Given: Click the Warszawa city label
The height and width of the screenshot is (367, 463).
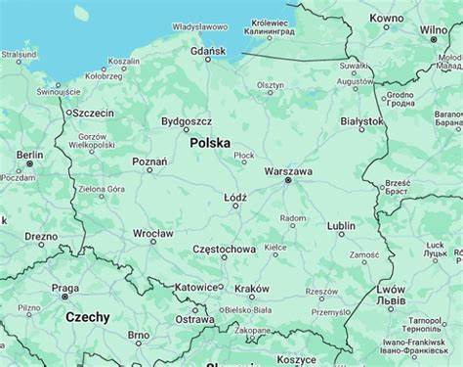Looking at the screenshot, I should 288,171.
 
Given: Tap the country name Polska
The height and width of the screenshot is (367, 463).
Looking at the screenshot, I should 210,143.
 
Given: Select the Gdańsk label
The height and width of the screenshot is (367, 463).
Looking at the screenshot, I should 208,50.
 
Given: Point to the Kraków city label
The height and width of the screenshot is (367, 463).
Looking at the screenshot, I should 251,289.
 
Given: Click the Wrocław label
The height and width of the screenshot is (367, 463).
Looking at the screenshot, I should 153,234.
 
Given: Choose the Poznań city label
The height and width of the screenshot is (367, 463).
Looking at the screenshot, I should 149,161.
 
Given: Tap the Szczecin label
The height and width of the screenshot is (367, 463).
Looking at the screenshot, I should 93,113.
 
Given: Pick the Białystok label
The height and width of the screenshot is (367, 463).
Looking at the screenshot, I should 361,121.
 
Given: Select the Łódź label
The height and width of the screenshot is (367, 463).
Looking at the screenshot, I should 235,197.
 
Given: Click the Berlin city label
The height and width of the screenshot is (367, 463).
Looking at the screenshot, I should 29,155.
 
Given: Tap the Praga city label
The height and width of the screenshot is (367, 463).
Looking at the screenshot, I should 65,289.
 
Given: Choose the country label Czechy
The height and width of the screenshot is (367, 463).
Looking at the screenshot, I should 88,317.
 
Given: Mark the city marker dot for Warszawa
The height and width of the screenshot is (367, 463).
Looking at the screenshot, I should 287,181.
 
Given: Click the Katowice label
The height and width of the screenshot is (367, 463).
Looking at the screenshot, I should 195,288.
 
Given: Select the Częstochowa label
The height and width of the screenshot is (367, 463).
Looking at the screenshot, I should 224,250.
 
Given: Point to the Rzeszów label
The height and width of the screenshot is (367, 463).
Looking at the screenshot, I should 321,291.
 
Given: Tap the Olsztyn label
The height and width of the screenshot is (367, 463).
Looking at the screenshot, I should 271,85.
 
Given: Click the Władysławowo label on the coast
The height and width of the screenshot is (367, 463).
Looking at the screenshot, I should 199,26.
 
